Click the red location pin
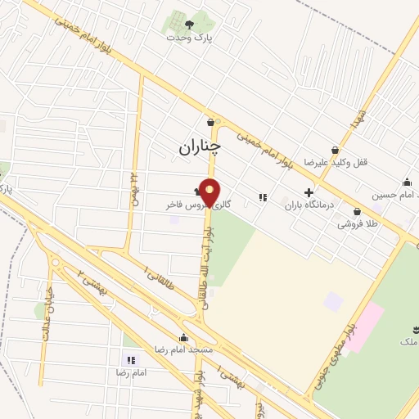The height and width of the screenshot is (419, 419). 210,191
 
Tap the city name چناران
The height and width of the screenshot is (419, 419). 200,147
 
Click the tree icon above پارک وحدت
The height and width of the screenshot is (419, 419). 190,24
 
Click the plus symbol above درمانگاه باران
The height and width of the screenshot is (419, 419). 309,193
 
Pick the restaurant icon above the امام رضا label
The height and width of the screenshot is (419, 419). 130,360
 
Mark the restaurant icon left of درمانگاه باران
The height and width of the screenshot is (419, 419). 263,197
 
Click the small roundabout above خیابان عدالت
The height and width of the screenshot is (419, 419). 56,263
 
